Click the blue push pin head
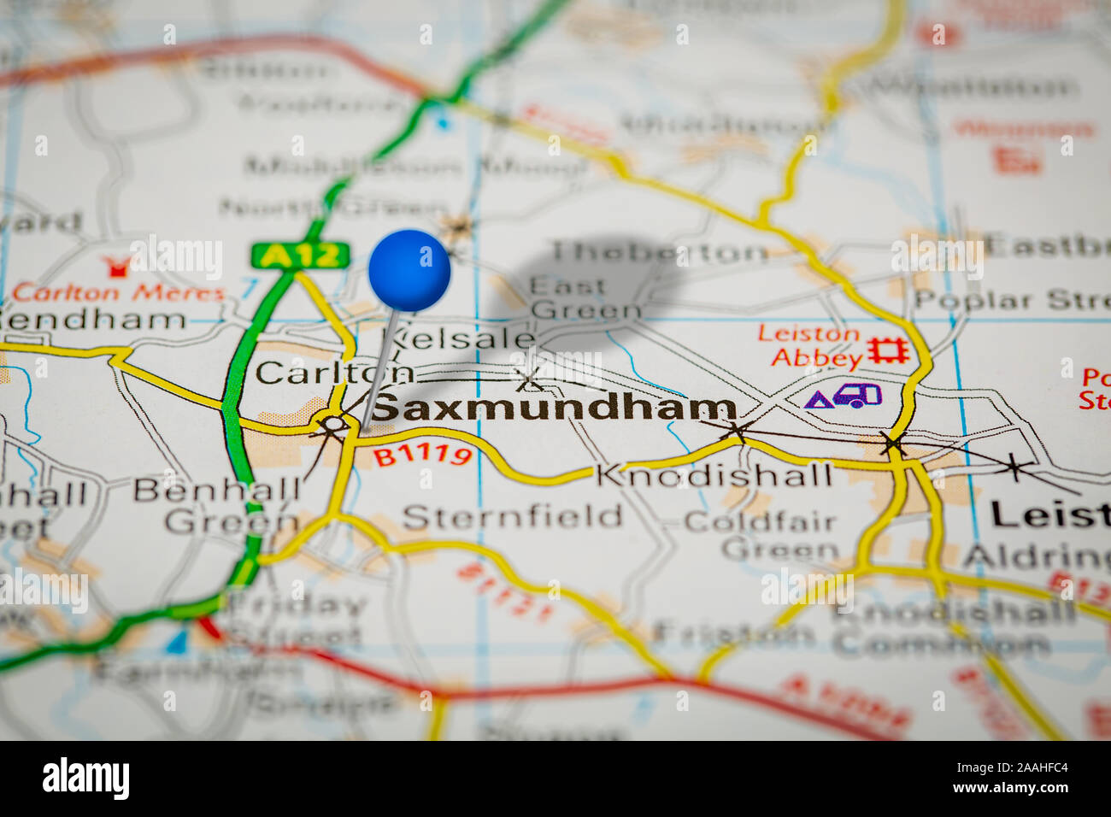pyautogui.click(x=409, y=270)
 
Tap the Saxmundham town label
pyautogui.click(x=554, y=408)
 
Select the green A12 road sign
pyautogui.click(x=300, y=255)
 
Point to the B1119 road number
pyautogui.click(x=422, y=456)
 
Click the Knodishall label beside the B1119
pyautogui.click(x=714, y=475)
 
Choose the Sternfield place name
pyautogui.click(x=512, y=517)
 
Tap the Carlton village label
pyautogui.click(x=333, y=373)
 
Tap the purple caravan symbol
pyautogui.click(x=857, y=395)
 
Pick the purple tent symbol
pyautogui.click(x=818, y=398)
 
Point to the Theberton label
pyautogui.click(x=659, y=252)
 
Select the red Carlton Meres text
pyautogui.click(x=119, y=292)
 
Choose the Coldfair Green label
pyautogui.click(x=761, y=534)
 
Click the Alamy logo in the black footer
pyautogui.click(x=85, y=779)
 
